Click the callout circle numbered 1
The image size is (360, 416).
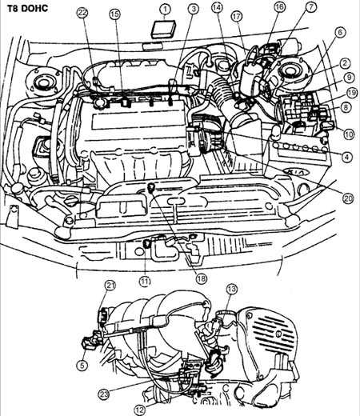tap(166, 10)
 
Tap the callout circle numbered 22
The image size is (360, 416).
tap(82, 13)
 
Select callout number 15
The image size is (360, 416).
tap(114, 14)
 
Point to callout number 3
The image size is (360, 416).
tap(194, 9)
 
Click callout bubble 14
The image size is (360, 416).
tap(217, 7)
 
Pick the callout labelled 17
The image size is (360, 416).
tap(237, 17)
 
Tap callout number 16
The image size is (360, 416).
tap(279, 7)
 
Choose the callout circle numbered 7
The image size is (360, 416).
tap(311, 7)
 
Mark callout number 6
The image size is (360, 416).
tap(340, 33)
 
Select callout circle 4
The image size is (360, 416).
tap(346, 157)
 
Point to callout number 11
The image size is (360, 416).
tap(145, 282)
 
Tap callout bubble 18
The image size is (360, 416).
tap(202, 278)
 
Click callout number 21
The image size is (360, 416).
tap(110, 286)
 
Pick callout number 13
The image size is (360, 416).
tap(231, 289)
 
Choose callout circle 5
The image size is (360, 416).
tap(82, 365)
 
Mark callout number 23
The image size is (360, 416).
tap(104, 394)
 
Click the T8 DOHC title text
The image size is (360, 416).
tap(27, 9)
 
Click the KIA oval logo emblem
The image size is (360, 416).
tap(297, 172)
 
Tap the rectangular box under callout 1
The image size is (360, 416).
tap(163, 29)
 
